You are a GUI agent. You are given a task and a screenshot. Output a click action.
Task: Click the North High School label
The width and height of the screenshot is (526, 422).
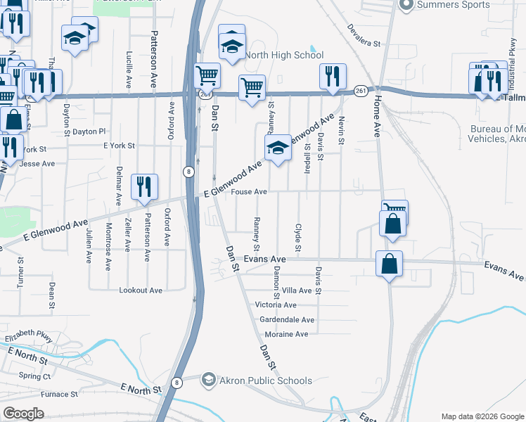tap(284, 55)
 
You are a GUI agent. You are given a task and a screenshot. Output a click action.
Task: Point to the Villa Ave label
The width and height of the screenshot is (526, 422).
tap(296, 290)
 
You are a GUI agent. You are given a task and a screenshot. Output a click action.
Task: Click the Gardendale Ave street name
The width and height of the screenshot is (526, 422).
tap(287, 319)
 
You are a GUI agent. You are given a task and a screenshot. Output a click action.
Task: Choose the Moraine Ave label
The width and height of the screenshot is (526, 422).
tap(286, 334)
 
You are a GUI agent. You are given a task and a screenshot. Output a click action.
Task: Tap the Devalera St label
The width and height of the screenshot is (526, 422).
tap(364, 35)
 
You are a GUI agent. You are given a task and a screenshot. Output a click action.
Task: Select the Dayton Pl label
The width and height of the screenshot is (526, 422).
tap(89, 132)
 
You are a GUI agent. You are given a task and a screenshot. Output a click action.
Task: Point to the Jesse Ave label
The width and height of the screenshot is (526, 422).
tap(38, 163)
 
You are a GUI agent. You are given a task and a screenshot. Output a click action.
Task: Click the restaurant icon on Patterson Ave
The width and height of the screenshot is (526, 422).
tap(144, 186)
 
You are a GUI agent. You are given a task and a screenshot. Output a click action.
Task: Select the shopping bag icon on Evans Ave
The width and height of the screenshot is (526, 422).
tap(389, 264)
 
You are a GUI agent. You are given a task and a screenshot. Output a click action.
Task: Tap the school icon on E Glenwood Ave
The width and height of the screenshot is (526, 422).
tap(278, 148)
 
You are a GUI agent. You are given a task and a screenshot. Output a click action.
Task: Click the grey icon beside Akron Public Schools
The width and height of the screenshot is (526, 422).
tap(209, 381)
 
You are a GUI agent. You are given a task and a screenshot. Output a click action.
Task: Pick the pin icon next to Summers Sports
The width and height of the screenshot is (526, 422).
tap(405, 5)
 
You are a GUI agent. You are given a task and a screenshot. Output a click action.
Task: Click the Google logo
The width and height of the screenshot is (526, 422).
tap(23, 414)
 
